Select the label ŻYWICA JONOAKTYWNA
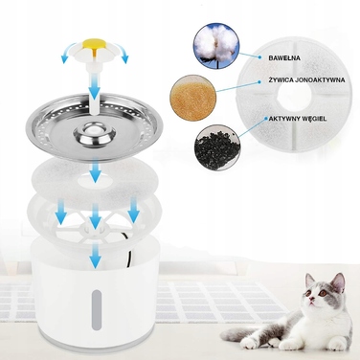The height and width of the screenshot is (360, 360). tap(307, 80)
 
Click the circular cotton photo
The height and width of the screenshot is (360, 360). tap(216, 46)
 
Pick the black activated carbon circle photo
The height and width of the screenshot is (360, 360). tap(217, 147)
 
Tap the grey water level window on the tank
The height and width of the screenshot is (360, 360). tap(97, 310)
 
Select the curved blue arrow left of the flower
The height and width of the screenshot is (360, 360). tap(70, 53)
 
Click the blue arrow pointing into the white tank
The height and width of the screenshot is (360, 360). tap(96, 256)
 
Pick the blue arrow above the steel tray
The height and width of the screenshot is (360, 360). tap(95, 85)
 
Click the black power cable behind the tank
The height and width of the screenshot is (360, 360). tap(129, 252)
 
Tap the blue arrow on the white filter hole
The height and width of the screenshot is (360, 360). tap(95, 171)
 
